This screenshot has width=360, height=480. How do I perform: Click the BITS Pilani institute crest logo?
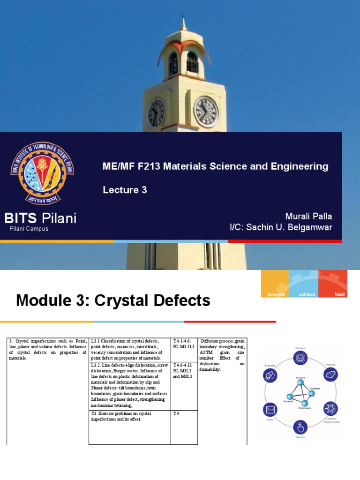(42, 174)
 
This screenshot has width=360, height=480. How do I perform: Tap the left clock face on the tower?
(157, 113)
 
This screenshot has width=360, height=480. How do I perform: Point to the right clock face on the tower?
(206, 112)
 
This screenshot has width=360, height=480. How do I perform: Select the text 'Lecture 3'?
(125, 190)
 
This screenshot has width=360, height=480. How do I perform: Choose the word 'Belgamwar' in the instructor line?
(310, 227)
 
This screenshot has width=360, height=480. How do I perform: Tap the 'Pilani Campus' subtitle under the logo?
(29, 229)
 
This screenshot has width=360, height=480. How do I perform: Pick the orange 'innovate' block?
(275, 284)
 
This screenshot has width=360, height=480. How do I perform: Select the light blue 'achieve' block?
(304, 284)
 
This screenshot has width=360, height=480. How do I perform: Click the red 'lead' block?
(333, 284)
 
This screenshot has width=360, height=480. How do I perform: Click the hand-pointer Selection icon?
(300, 427)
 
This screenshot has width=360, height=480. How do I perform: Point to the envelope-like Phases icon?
(270, 410)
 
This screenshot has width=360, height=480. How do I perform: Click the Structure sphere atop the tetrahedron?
(297, 381)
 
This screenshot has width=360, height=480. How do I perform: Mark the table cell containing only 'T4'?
(184, 427)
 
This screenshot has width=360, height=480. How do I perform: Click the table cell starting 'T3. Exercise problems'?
(129, 427)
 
